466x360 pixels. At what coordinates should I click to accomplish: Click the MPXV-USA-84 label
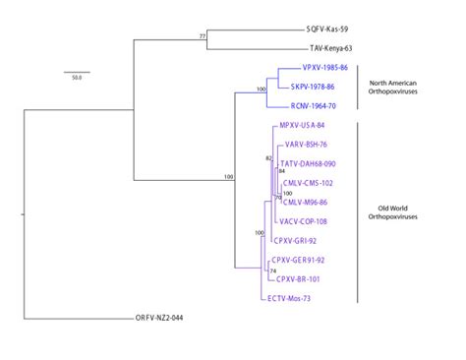pyautogui.click(x=303, y=127)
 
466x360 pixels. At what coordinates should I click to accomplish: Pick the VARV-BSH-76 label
pyautogui.click(x=307, y=145)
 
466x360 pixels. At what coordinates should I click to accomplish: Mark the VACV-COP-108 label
pyautogui.click(x=306, y=221)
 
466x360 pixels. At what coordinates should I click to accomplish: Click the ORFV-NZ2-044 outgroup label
pyautogui.click(x=165, y=319)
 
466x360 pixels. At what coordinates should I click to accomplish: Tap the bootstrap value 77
pyautogui.click(x=203, y=36)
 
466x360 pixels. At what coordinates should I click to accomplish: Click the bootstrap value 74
pyautogui.click(x=273, y=270)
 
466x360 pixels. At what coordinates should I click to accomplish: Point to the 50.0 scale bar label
pyautogui.click(x=76, y=77)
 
